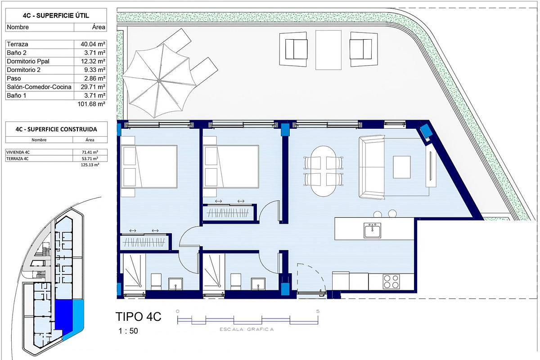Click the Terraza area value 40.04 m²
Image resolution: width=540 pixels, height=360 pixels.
click(x=90, y=45)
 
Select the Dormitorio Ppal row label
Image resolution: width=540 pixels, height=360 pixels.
click(x=27, y=61)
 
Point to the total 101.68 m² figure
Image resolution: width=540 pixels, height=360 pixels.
click(x=91, y=104)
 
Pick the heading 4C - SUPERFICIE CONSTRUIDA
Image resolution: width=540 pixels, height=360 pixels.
click(x=56, y=129)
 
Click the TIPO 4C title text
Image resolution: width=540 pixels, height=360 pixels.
click(x=139, y=317)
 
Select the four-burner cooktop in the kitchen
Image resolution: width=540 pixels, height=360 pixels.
click(x=391, y=281)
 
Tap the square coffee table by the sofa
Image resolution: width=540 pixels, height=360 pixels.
click(x=402, y=167)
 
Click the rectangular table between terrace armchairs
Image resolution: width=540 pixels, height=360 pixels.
click(x=328, y=49)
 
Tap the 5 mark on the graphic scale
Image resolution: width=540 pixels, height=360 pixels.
click(x=318, y=311)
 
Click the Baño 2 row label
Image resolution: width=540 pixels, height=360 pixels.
click(x=18, y=53)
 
